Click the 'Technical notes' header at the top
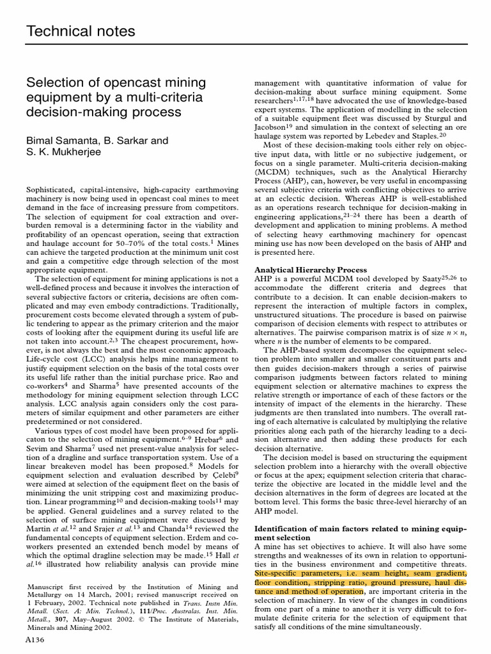(80, 31)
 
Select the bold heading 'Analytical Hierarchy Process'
(311, 270)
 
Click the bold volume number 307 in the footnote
(62, 619)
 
